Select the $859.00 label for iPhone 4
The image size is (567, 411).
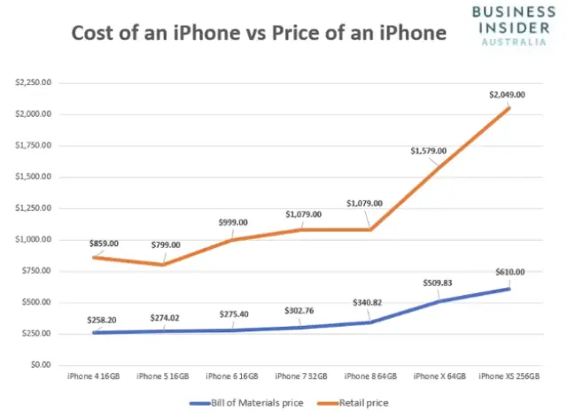coord(105,243)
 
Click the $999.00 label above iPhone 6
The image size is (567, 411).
coord(229,222)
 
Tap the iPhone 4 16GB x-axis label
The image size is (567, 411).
coord(93,376)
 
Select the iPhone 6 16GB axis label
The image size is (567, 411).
coord(232,376)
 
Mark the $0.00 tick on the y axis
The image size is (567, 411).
coord(40,364)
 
